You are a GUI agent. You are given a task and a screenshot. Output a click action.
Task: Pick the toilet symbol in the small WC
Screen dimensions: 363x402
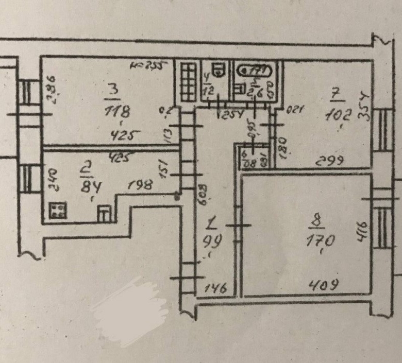[x=219, y=69]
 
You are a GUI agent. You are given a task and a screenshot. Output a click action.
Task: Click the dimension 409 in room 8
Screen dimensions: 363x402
[x=323, y=284]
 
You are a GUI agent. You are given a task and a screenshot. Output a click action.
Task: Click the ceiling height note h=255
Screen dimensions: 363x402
[x=149, y=65]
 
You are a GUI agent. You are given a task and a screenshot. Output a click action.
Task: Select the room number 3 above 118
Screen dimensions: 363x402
[x=112, y=92]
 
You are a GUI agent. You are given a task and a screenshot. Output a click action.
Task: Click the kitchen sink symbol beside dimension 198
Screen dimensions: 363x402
[x=105, y=213]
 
